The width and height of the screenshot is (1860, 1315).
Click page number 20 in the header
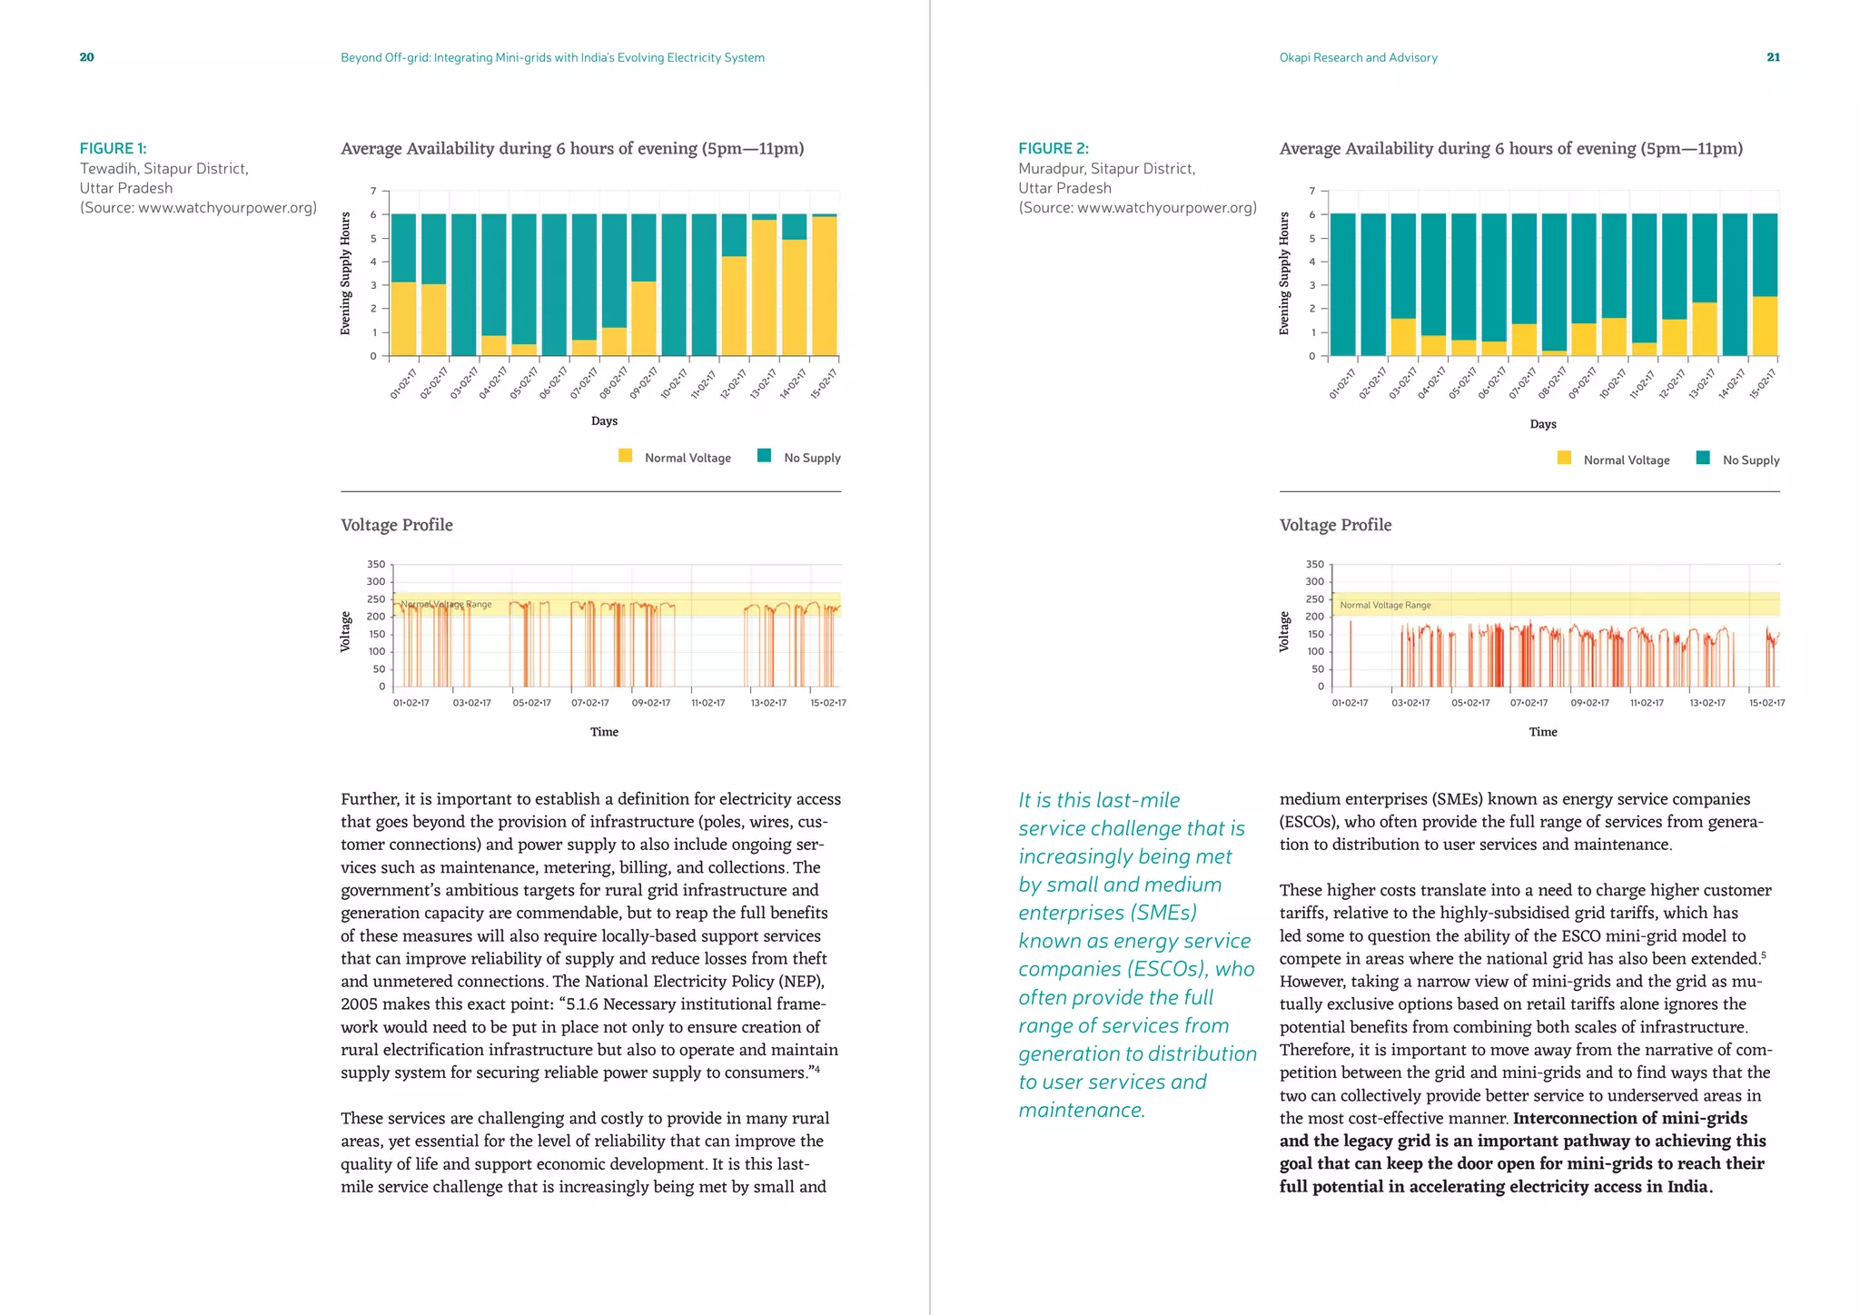point(86,57)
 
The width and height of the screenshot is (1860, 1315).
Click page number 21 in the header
point(1773,57)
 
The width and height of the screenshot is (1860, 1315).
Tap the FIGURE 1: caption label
point(113,148)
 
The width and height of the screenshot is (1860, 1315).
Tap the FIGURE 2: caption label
point(1054,148)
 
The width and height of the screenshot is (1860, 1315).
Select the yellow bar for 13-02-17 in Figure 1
point(764,287)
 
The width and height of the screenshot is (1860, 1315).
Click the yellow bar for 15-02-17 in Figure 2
point(1765,326)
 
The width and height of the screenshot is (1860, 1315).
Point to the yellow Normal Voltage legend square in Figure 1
point(625,456)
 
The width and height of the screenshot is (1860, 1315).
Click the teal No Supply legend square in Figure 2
point(1703,458)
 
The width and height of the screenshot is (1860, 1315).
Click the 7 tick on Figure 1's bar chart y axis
point(373,191)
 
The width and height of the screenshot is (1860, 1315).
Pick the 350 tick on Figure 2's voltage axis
point(1314,565)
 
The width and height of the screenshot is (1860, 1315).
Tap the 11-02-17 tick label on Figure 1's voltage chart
point(707,703)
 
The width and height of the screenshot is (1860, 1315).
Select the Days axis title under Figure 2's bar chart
point(1542,424)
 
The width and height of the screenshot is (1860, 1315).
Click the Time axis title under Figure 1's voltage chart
point(604,732)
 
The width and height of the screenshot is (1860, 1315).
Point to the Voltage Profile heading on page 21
point(1335,525)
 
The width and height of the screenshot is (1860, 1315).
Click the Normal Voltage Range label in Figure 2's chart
point(1385,605)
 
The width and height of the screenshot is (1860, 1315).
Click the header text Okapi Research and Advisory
point(1358,57)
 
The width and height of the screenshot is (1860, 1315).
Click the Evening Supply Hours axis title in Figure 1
point(345,273)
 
